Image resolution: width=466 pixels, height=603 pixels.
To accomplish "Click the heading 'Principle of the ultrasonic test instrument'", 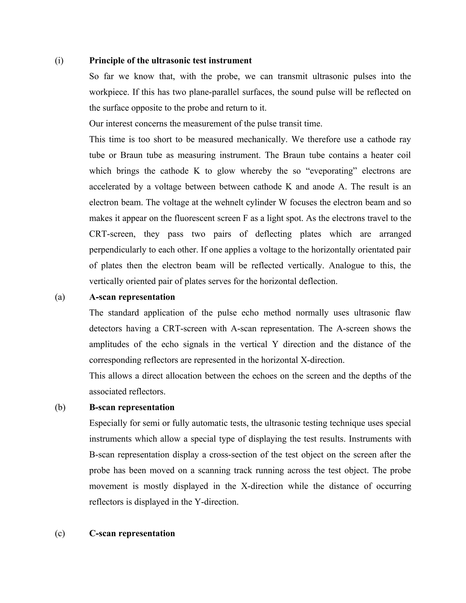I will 170,61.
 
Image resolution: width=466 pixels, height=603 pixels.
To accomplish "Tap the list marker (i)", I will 59,61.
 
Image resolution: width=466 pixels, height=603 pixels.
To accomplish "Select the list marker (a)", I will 60,297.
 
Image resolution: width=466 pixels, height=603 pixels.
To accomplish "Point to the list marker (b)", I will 60,408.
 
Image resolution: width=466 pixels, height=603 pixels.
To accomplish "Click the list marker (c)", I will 60,533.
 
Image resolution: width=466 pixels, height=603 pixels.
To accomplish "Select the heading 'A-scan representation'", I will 132,297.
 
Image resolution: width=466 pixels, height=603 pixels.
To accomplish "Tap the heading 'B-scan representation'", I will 132,408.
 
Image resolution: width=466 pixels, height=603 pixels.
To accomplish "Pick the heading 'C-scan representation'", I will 132,533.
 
